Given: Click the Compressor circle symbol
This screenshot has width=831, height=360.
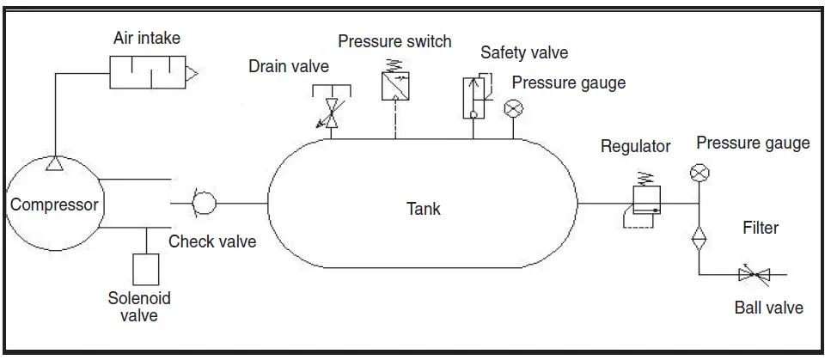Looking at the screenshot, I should [53, 204].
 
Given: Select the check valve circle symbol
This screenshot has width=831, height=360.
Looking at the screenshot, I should [205, 204].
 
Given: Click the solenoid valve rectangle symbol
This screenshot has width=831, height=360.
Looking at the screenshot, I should [147, 270].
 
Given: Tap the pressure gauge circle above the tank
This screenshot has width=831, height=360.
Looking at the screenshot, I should [514, 107].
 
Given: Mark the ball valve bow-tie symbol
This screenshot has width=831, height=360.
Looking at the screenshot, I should [754, 275].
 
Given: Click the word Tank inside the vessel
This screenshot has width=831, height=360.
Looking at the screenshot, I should [424, 208].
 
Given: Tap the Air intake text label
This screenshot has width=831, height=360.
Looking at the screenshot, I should [147, 38].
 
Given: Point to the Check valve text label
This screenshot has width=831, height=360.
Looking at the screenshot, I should [212, 241].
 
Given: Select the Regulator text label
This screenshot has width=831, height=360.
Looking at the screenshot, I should [635, 146].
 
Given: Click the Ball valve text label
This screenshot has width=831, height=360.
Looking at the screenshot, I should [768, 308].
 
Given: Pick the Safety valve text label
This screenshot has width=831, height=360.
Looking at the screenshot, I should [524, 52].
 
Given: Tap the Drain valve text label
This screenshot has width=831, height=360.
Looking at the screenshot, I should [289, 66].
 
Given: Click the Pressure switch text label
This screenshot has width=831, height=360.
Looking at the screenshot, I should [394, 41].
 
